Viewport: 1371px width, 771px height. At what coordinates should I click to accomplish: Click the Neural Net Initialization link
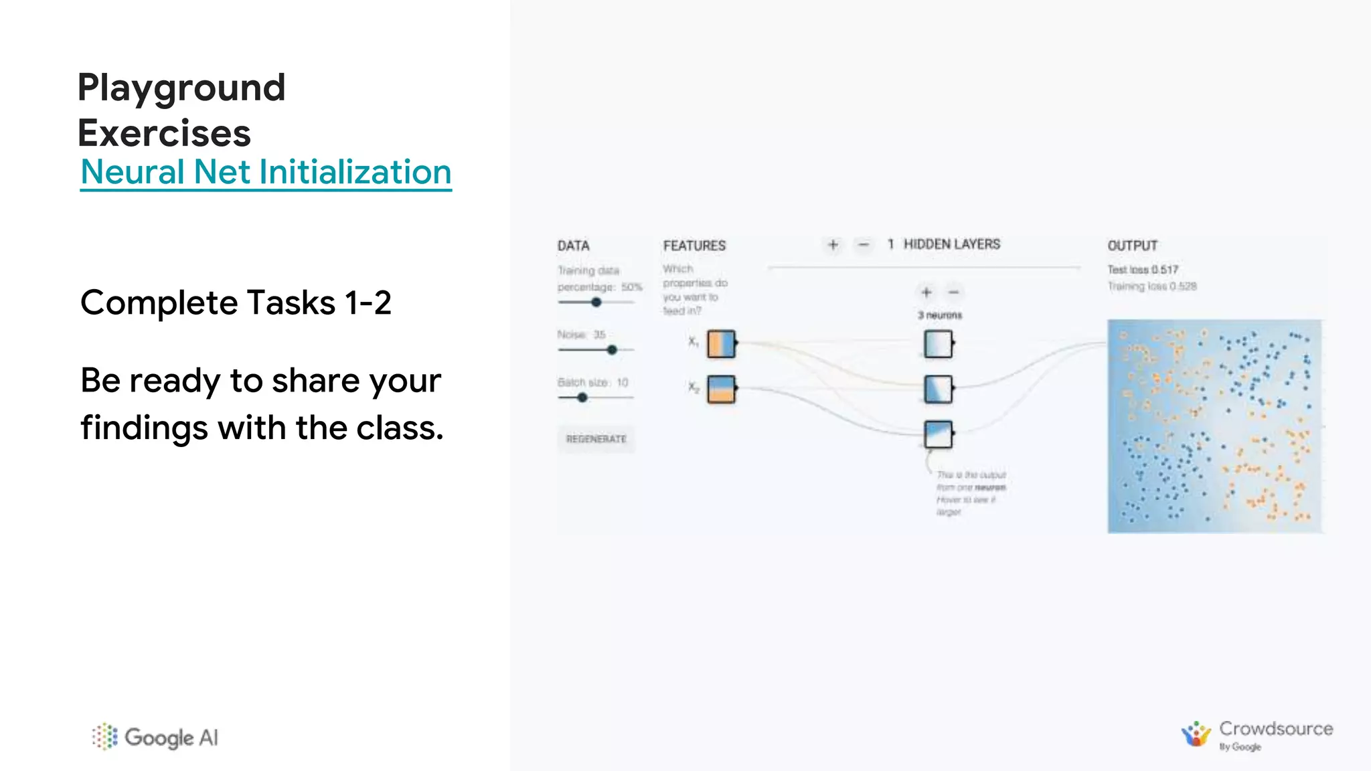266,172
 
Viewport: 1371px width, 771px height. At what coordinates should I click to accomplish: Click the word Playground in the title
181,88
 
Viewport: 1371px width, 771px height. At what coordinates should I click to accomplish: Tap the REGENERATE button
596,439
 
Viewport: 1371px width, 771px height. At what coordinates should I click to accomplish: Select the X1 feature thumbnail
721,343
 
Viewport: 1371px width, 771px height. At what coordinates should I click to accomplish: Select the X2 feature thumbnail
721,389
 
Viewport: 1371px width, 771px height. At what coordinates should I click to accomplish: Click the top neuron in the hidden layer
938,344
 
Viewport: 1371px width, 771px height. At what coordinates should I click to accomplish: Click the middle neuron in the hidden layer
938,389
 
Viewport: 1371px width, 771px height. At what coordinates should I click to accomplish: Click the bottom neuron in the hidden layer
938,434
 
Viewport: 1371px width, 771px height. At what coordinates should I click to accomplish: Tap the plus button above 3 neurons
926,292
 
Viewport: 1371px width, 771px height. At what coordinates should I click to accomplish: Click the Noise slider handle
612,350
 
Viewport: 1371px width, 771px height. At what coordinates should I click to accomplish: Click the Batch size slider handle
582,398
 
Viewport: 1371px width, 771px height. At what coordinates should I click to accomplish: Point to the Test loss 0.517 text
1142,270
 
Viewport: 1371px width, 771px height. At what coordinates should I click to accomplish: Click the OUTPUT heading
1132,246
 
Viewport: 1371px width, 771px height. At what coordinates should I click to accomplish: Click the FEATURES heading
694,246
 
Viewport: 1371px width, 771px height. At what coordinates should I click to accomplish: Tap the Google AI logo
155,737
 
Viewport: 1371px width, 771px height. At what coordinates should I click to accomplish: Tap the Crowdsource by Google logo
1257,735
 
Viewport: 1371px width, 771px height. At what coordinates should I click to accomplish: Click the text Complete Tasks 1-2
236,303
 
